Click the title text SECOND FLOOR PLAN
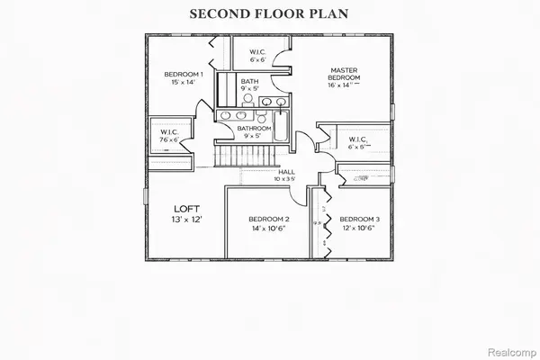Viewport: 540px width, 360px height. (x=269, y=15)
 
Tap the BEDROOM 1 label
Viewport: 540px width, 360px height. (x=184, y=74)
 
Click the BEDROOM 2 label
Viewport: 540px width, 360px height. (x=268, y=220)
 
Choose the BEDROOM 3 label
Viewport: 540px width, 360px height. (x=359, y=220)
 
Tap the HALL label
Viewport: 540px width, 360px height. (x=286, y=171)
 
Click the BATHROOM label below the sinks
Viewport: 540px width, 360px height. (x=254, y=129)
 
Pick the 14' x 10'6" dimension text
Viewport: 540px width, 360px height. (x=268, y=229)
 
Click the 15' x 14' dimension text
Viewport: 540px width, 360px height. (x=184, y=83)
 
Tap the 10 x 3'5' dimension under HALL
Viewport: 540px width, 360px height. (x=286, y=179)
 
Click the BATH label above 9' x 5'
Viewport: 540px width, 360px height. (x=249, y=81)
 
